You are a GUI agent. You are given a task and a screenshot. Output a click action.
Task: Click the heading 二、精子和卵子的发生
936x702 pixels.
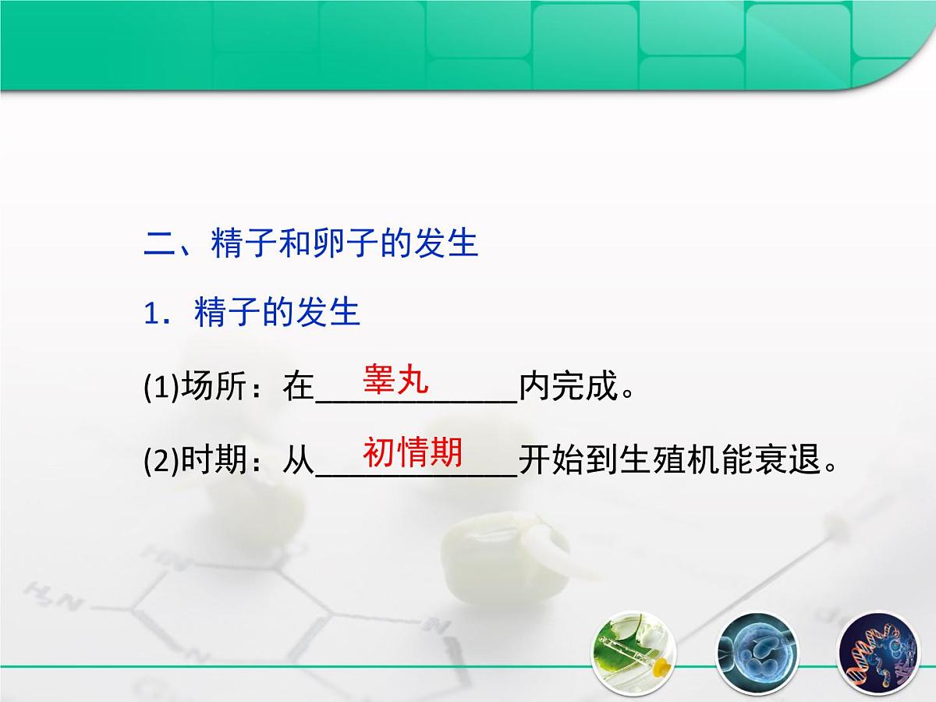click(x=311, y=243)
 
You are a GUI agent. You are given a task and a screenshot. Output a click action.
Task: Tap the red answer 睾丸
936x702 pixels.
click(x=395, y=380)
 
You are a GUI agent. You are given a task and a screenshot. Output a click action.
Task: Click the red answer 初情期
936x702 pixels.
click(x=413, y=452)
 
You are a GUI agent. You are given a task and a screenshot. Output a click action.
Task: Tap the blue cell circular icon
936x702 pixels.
click(x=753, y=652)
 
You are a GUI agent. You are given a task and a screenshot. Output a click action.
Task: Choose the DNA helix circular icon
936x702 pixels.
click(x=874, y=652)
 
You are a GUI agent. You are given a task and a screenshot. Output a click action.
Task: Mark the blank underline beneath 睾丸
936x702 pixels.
click(x=416, y=400)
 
